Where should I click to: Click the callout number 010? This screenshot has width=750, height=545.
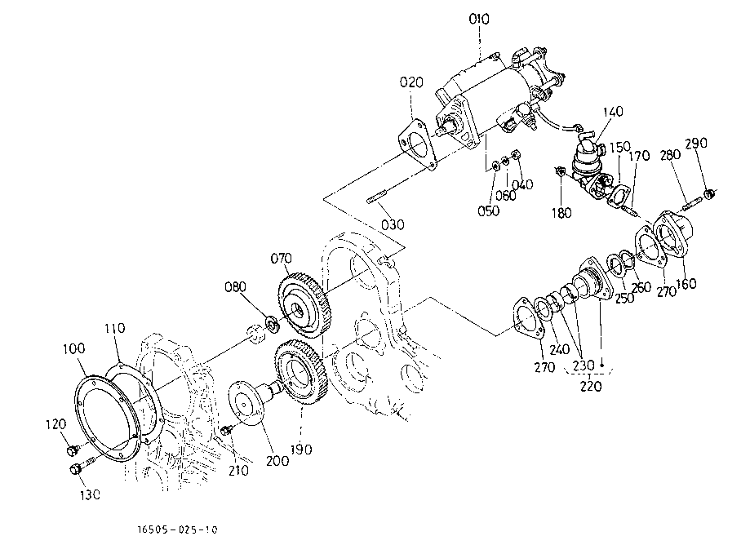(x=479, y=20)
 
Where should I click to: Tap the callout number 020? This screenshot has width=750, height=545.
(x=411, y=82)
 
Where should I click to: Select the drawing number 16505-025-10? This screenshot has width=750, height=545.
(x=177, y=529)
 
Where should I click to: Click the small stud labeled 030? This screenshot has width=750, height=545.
(x=376, y=198)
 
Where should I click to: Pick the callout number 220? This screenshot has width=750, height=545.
(x=590, y=386)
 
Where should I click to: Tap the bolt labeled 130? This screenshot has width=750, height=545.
(x=82, y=466)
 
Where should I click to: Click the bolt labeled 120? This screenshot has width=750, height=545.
(x=73, y=450)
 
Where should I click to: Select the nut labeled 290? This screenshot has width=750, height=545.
(x=709, y=194)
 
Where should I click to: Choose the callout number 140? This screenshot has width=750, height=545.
(x=613, y=112)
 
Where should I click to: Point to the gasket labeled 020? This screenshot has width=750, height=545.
(x=418, y=144)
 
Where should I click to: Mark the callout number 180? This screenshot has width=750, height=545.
(x=561, y=213)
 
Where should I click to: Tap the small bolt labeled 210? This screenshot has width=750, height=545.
(x=227, y=430)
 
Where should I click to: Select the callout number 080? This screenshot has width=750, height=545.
(x=235, y=287)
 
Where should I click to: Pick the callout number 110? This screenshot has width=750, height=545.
(x=115, y=329)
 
